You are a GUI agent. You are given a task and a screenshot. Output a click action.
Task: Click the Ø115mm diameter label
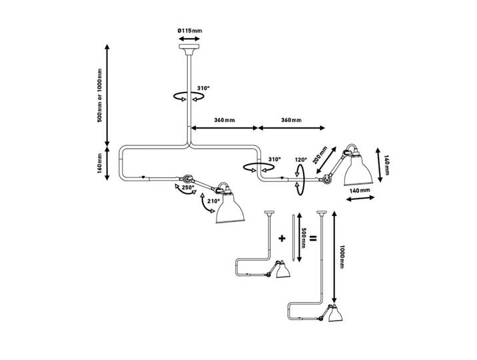pos(190,31)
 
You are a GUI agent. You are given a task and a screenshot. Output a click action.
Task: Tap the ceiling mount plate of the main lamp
pos(189,47)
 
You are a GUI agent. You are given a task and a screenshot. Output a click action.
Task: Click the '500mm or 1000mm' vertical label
pos(99,95)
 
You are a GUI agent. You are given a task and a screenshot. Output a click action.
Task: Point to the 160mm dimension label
pos(99,164)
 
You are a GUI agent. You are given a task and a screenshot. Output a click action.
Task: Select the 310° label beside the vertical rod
pos(203,88)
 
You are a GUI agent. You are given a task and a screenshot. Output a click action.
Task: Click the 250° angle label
pos(187,188)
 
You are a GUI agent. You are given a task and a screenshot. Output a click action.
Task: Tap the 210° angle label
pos(213,201)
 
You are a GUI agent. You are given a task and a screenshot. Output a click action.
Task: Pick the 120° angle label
pos(301,159)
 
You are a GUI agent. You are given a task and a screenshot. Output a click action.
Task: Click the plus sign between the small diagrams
pos(282,238)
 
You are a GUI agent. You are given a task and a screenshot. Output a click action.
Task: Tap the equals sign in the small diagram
pos(312,238)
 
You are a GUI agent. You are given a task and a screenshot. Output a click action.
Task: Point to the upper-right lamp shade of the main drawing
pos(358,170)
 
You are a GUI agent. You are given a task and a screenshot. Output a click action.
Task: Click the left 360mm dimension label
pos(225,120)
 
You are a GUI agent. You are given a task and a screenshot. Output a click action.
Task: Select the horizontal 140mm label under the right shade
pos(360,191)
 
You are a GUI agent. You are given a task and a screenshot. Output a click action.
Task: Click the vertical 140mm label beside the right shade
pos(386,165)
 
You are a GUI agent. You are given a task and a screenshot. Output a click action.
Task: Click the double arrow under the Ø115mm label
pos(189,39)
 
